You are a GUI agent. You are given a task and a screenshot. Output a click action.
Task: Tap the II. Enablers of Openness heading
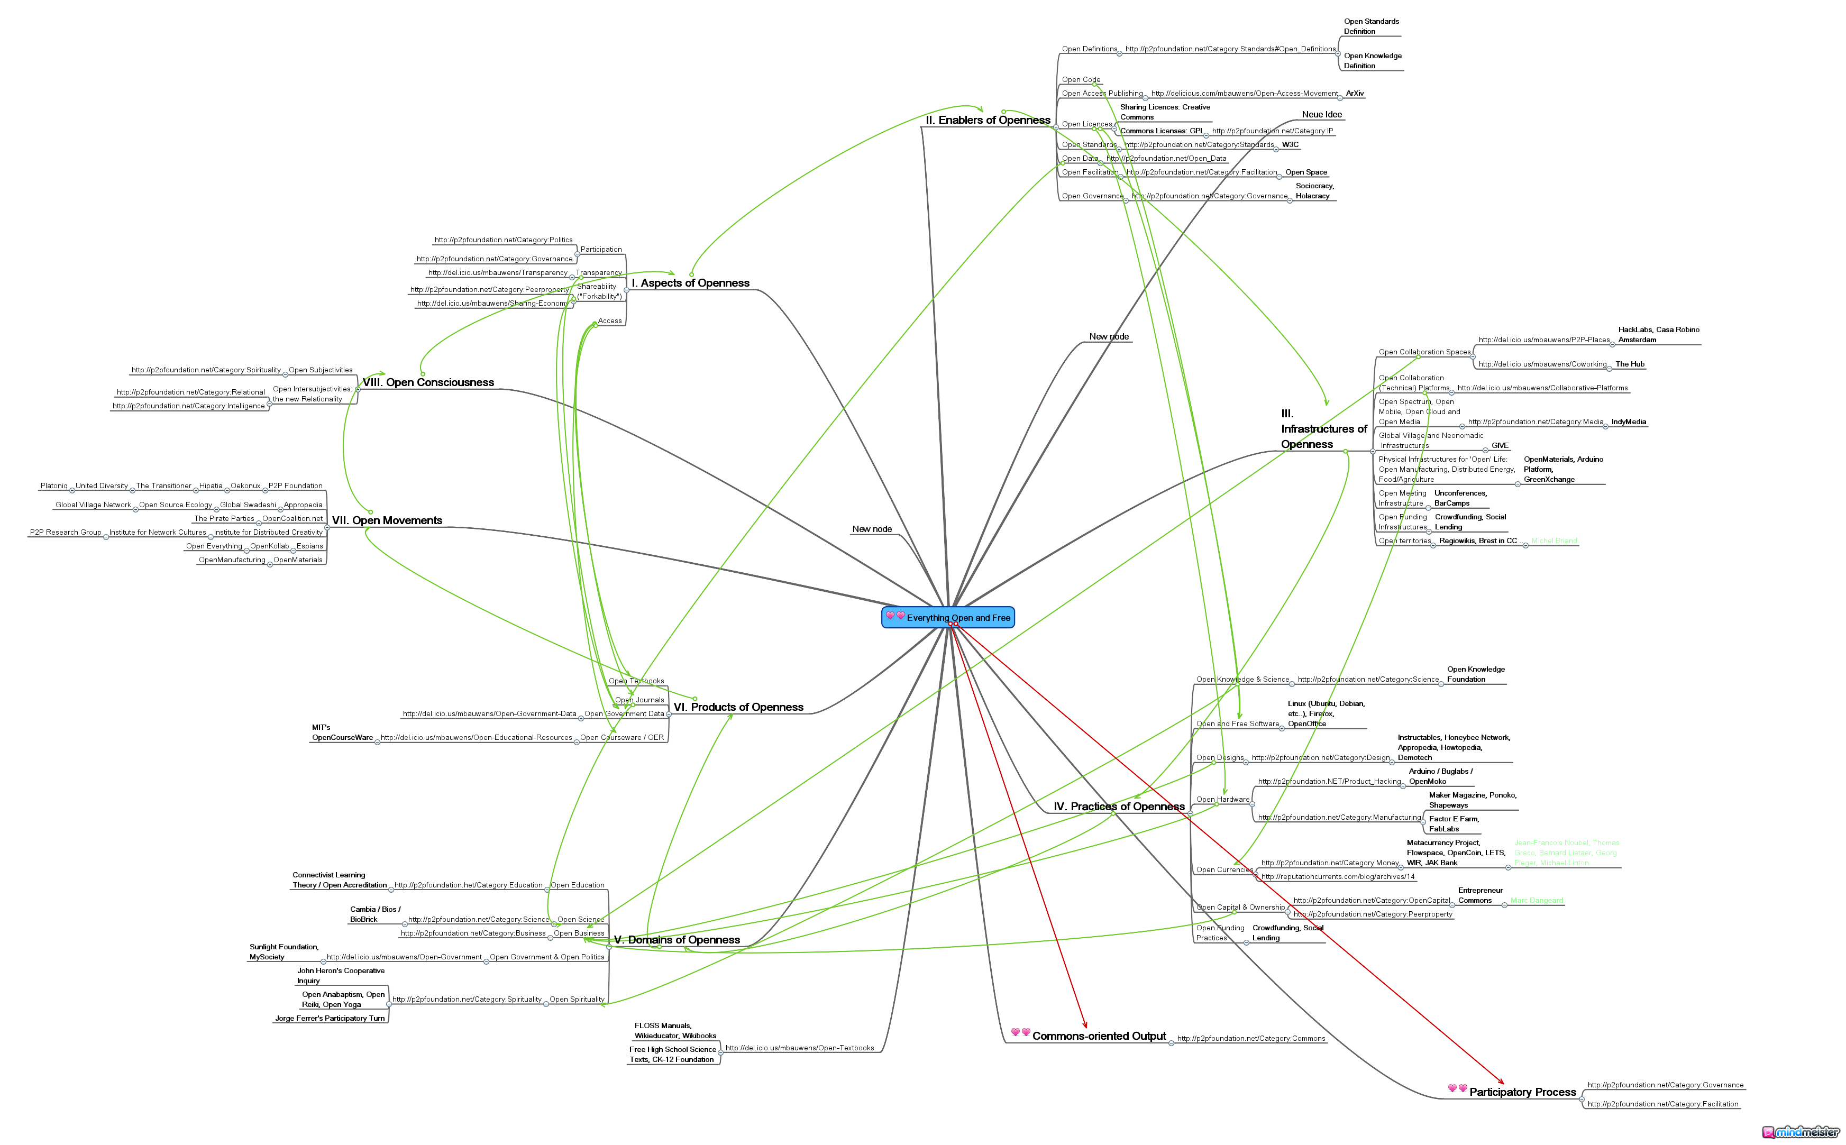988,121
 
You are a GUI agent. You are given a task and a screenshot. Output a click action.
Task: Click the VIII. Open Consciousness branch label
428,382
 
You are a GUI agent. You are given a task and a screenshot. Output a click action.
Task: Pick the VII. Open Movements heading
387,520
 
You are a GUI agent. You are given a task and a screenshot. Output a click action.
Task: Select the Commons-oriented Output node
1098,1036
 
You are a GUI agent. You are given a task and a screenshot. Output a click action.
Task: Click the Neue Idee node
1321,114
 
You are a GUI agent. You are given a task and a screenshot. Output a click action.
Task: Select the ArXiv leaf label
1355,94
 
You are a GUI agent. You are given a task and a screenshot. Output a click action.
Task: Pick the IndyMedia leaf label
1628,422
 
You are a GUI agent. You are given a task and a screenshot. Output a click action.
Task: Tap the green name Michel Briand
1553,541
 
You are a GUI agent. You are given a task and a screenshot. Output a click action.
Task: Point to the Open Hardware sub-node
1222,800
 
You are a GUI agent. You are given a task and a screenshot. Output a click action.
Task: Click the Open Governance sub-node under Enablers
1092,196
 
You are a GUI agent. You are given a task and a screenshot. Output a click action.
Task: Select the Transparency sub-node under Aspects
598,272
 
